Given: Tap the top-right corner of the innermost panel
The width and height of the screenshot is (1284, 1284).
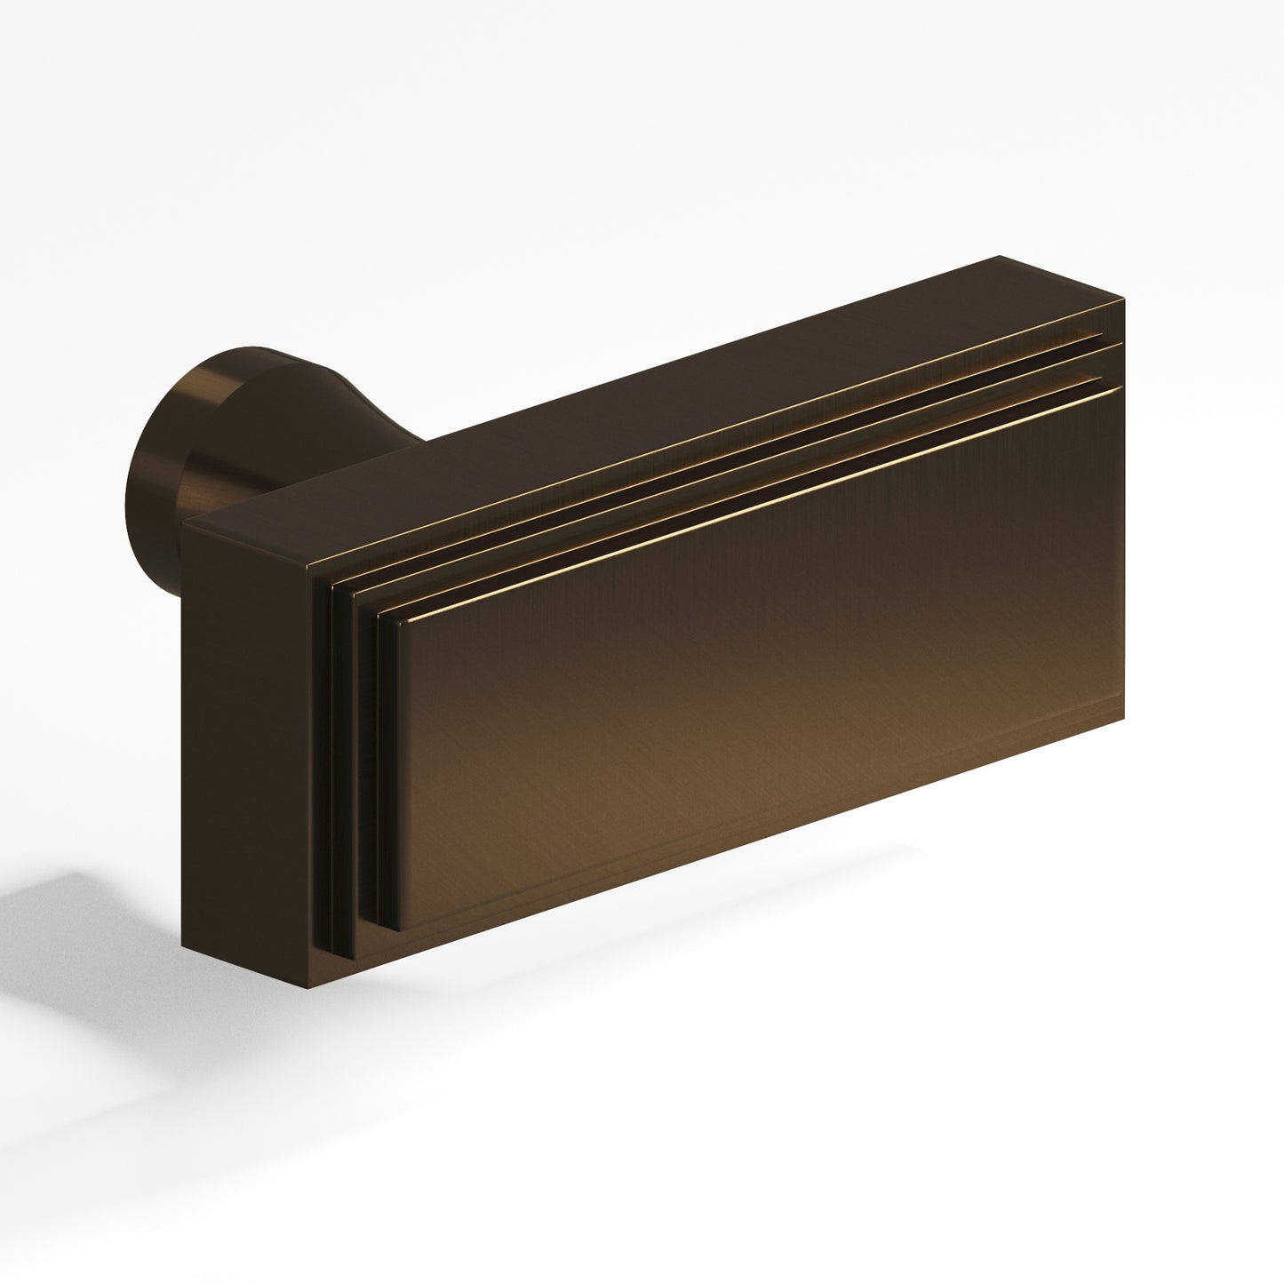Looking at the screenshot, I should [x=1118, y=387].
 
